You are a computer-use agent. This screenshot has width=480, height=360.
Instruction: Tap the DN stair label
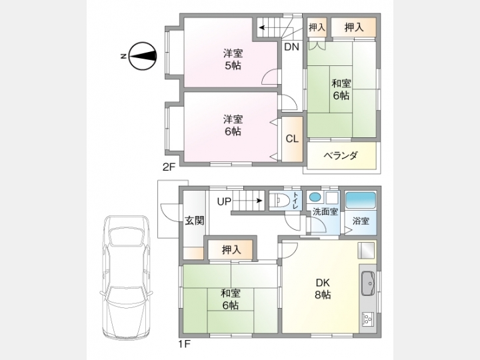click(x=291, y=47)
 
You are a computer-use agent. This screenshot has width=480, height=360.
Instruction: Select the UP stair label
click(x=224, y=201)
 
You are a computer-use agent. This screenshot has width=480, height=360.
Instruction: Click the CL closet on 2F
click(x=292, y=139)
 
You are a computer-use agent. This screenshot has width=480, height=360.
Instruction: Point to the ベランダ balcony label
click(x=341, y=155)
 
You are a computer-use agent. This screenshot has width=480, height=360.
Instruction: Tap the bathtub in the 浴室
click(x=360, y=200)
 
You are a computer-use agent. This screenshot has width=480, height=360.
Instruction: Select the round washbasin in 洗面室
click(x=314, y=197)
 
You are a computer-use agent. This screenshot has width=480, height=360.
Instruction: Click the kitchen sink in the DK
click(x=368, y=283)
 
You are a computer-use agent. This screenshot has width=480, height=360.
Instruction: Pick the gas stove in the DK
click(x=367, y=319)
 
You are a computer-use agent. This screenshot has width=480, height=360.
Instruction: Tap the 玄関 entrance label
click(x=195, y=221)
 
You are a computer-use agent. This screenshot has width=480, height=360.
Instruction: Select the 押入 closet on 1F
click(x=231, y=250)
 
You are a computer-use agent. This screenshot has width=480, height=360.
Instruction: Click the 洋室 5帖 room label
click(x=233, y=59)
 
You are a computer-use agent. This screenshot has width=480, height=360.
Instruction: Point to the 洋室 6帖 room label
click(x=233, y=125)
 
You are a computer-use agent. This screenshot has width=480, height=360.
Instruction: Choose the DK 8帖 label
click(x=323, y=289)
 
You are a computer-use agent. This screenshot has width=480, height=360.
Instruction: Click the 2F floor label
click(x=169, y=167)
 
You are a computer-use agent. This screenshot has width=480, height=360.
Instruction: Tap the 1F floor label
click(x=185, y=344)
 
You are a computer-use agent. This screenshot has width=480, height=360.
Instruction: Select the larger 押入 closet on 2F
click(x=354, y=27)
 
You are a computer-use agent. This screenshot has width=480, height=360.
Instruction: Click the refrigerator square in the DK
click(x=367, y=251)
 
